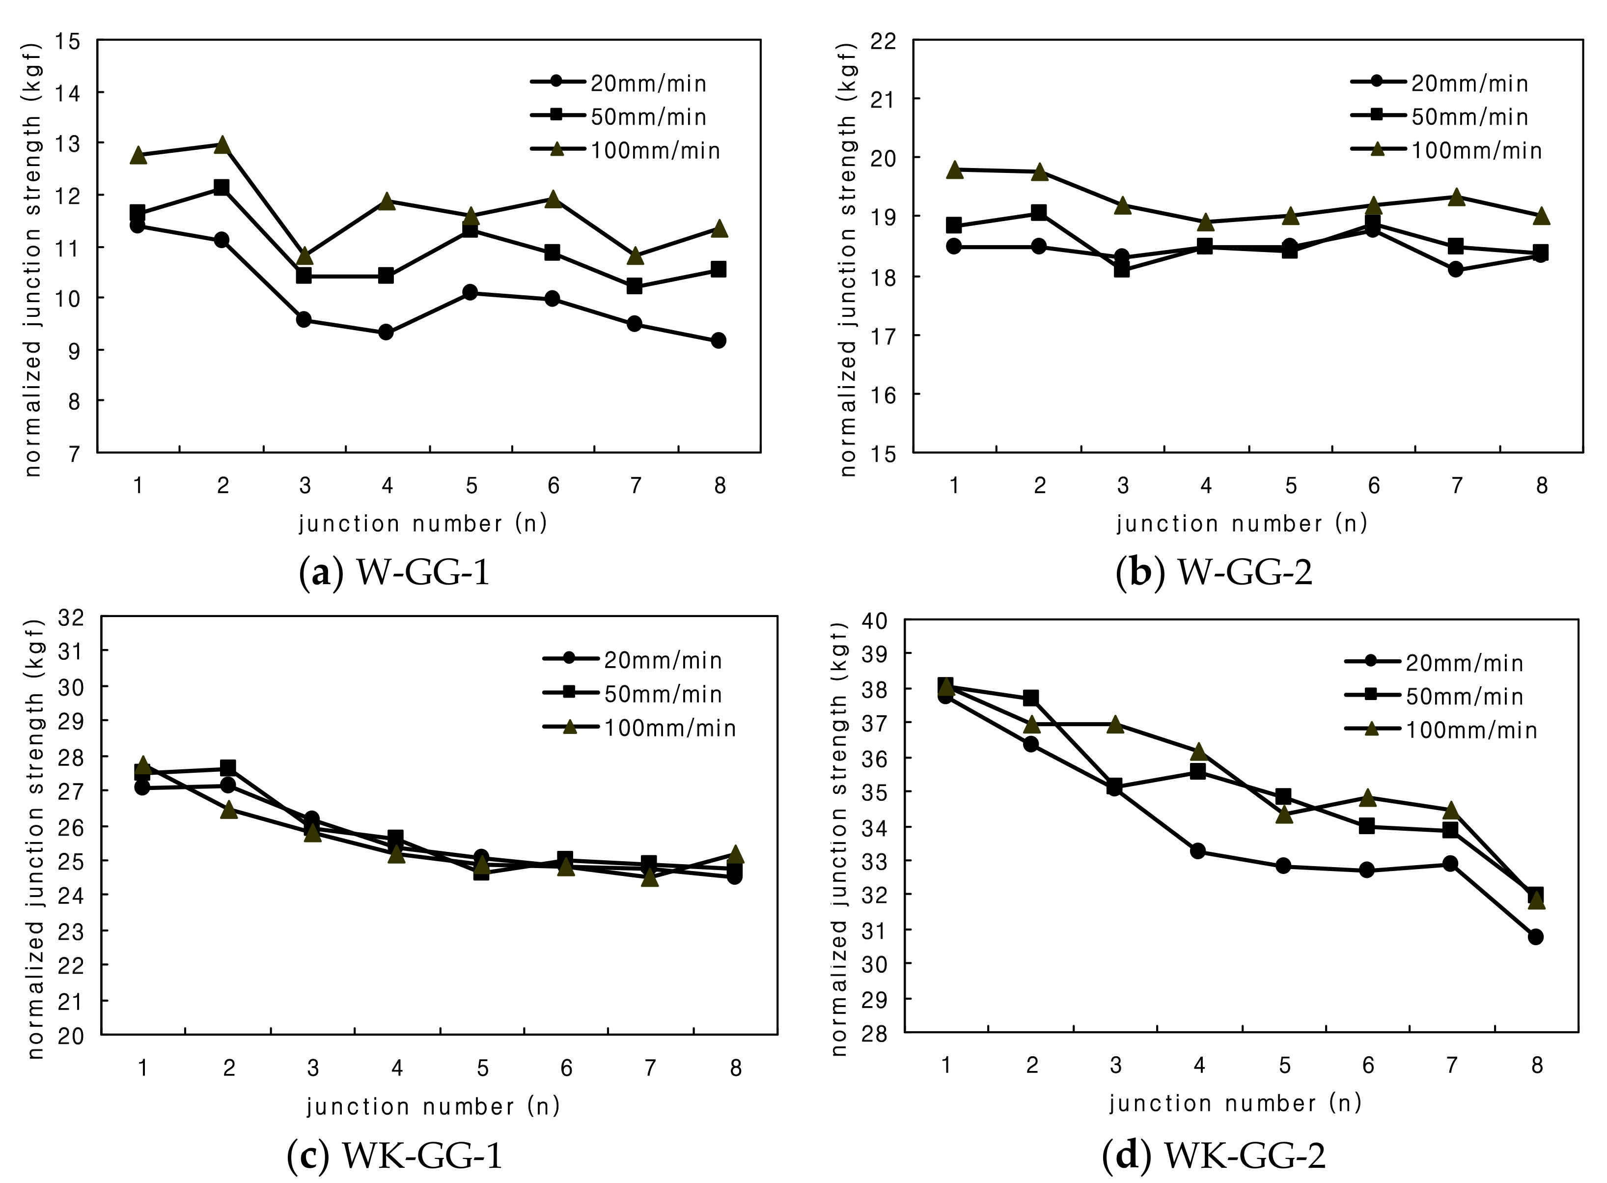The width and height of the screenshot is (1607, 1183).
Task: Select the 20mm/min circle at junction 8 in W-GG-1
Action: (718, 340)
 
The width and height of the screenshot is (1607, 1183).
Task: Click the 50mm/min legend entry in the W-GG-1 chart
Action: (619, 117)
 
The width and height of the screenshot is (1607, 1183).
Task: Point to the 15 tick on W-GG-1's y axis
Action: (68, 42)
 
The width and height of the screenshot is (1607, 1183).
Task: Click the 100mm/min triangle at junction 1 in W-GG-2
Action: (953, 169)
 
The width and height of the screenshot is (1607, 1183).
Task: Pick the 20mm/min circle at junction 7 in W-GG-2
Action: (1455, 269)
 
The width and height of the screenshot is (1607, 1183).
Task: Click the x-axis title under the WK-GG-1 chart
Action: (432, 1106)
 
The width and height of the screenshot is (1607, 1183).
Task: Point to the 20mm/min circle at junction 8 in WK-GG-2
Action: (1535, 937)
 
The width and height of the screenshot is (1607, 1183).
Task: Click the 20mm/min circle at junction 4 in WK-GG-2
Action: (1197, 851)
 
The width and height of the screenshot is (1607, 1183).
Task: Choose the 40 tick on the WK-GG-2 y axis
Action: (874, 620)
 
